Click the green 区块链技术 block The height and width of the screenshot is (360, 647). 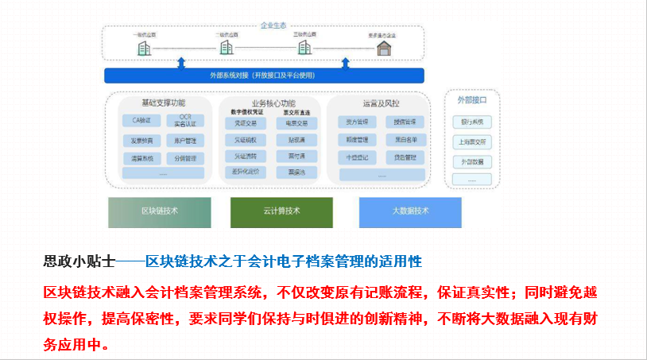160,211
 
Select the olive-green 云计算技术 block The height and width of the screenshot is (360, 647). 281,211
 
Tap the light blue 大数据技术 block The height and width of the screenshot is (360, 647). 410,211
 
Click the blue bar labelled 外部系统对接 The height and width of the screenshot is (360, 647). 264,75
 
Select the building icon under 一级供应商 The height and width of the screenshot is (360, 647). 144,48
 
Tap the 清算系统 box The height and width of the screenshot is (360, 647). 141,158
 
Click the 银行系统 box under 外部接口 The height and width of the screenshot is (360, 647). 471,122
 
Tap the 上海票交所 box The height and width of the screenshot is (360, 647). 471,141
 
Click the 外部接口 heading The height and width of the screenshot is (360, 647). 471,100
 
